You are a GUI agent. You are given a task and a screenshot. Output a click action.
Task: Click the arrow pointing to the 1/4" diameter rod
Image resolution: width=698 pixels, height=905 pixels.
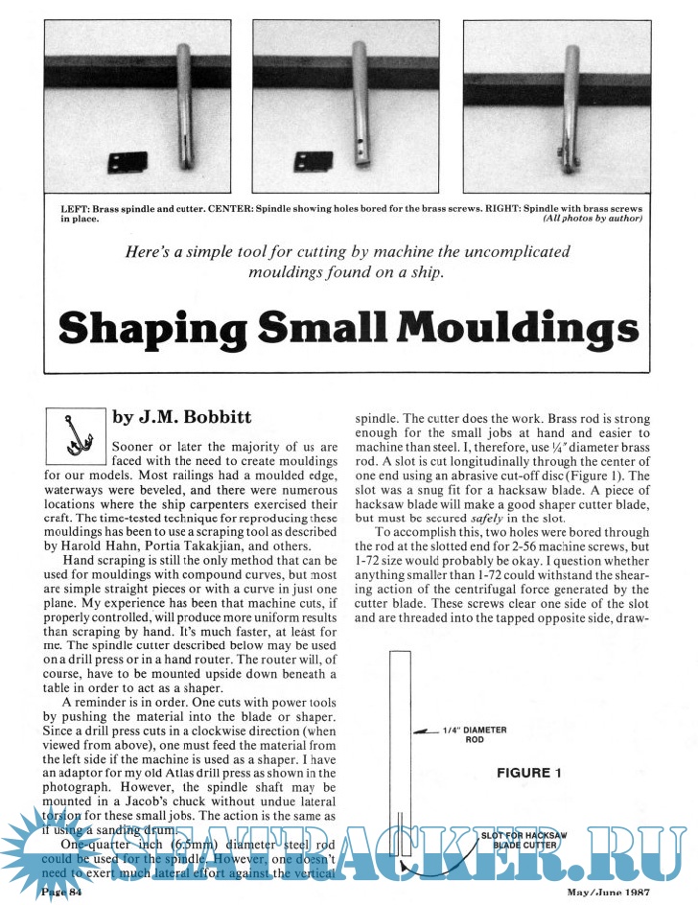point(421,733)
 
